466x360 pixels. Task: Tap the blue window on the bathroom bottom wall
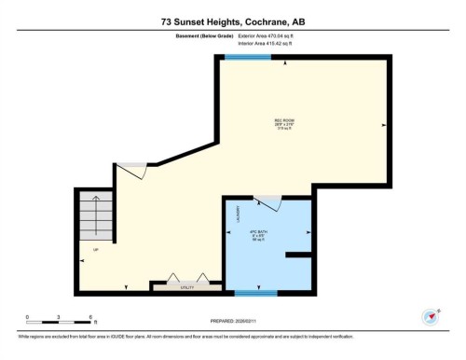click(x=255, y=293)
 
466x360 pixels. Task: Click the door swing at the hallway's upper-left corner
click(x=130, y=171)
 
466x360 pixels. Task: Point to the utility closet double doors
click(x=185, y=279)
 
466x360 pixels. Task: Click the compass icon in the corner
click(x=430, y=316)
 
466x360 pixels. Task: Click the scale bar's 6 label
click(x=89, y=316)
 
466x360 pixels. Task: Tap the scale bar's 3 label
click(x=58, y=316)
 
